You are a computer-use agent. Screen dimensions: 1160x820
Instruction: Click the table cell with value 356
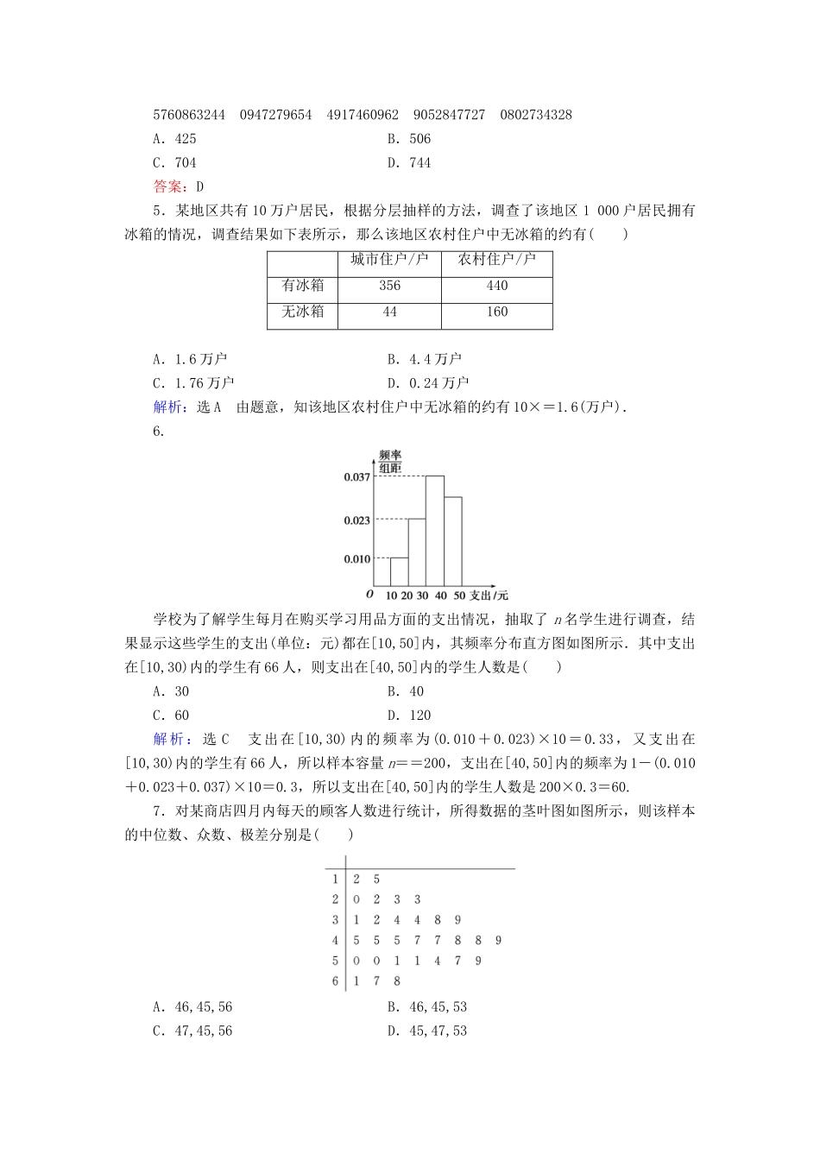point(389,287)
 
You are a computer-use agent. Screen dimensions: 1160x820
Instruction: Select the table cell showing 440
point(497,287)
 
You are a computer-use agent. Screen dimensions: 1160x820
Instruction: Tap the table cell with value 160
point(497,312)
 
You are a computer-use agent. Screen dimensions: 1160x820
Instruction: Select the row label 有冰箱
point(303,287)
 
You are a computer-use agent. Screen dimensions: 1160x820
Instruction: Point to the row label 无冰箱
point(303,312)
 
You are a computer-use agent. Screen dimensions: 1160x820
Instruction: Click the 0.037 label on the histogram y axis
point(356,476)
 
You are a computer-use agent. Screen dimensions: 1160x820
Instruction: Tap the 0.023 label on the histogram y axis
point(356,520)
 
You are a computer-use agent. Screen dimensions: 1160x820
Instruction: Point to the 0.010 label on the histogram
point(356,559)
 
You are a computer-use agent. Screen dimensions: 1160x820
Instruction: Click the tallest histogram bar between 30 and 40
point(435,531)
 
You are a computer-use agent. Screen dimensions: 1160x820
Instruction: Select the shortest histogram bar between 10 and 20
point(399,572)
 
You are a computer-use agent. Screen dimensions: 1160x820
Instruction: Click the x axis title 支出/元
point(489,596)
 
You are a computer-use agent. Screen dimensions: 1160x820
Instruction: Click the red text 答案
point(166,186)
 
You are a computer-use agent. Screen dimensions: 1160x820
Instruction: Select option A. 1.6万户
point(190,359)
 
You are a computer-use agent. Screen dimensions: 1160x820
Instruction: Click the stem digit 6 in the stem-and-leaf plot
point(335,981)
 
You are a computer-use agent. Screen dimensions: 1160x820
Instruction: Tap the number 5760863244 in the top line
point(189,115)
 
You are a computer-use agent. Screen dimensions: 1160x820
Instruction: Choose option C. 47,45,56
point(192,1031)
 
